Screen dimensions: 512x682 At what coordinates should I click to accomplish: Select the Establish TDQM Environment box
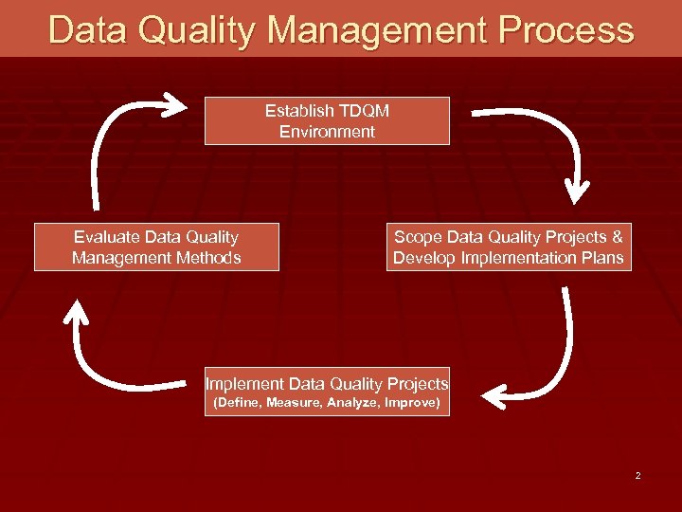pos(327,121)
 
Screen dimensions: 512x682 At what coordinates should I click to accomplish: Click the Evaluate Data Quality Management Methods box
pos(156,247)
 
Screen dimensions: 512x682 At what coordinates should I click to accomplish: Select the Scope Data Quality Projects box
pos(509,247)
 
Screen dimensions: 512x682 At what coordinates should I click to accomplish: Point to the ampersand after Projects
pos(618,237)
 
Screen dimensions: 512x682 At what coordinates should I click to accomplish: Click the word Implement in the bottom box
pos(244,384)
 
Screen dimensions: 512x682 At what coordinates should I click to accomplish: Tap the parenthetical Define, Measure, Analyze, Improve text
pos(327,403)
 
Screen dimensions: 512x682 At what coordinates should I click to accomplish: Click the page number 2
pos(638,475)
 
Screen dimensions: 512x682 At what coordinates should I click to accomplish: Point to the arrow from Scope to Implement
pos(559,360)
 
